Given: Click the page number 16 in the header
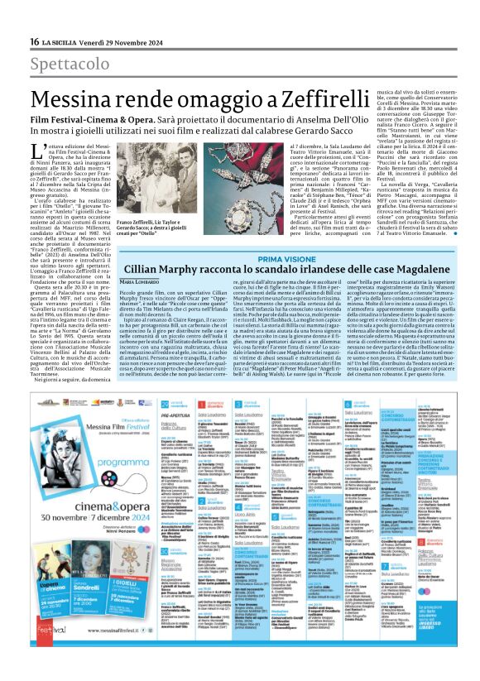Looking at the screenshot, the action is pos(34,42).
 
